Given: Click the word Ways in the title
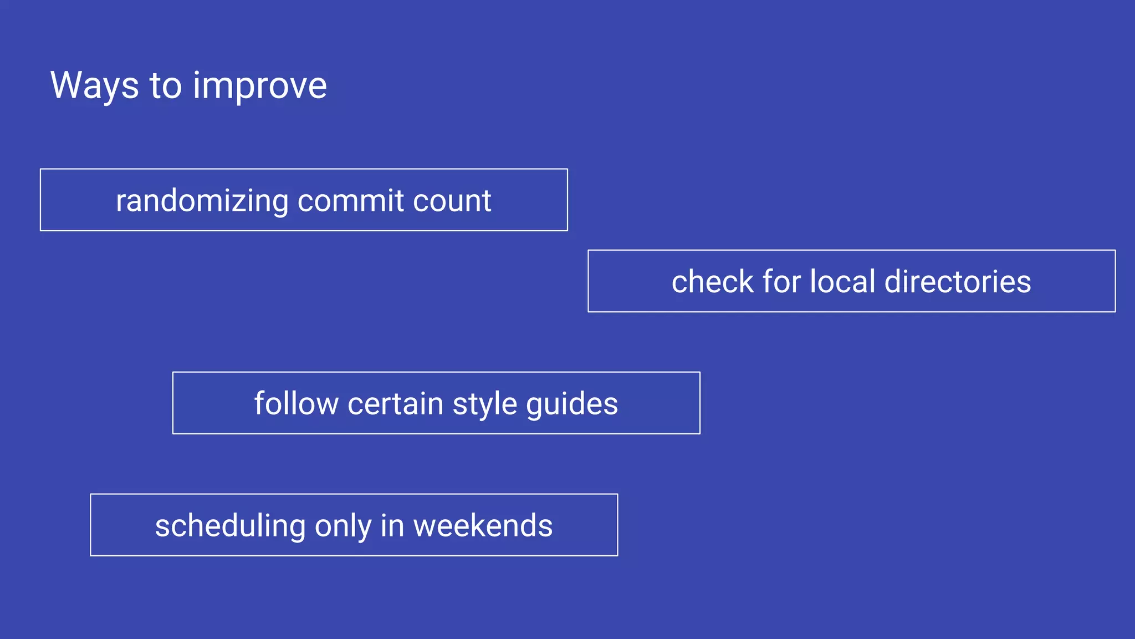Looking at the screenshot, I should click(94, 85).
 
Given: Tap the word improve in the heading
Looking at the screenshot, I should click(260, 87).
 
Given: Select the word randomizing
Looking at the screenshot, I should click(202, 201).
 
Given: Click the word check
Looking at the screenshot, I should click(712, 281).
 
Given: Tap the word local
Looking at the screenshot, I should click(842, 281).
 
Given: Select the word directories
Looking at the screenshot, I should click(958, 281).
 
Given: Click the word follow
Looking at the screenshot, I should click(296, 403).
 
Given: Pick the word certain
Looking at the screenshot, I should click(395, 403).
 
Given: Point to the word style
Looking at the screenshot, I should click(484, 404).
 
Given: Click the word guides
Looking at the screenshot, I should click(572, 404).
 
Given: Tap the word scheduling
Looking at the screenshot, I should click(230, 526).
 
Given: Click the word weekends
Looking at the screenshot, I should click(483, 525).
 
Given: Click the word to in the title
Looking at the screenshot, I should click(166, 87).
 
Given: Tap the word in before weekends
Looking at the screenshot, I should click(392, 525).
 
